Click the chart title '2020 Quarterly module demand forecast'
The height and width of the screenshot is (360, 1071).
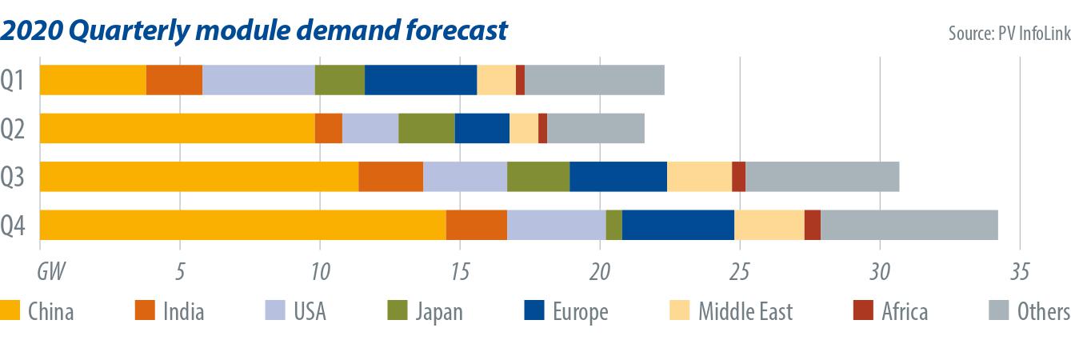coord(254,30)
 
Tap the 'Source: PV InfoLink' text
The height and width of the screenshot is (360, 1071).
coord(1008,33)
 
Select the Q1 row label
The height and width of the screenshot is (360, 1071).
coord(15,80)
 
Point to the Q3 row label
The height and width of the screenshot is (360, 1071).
coord(15,177)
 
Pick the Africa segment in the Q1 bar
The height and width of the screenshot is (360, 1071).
coord(520,80)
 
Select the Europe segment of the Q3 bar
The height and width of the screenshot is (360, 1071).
coord(618,177)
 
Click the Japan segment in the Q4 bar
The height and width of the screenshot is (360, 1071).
coord(613,225)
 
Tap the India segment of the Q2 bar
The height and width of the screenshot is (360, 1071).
coord(328,128)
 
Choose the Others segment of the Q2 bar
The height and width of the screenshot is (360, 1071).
coord(596,128)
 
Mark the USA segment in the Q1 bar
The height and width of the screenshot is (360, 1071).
coord(258,80)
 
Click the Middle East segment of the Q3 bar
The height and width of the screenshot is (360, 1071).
coord(699,177)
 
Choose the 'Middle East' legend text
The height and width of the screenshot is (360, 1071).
coord(745,311)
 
